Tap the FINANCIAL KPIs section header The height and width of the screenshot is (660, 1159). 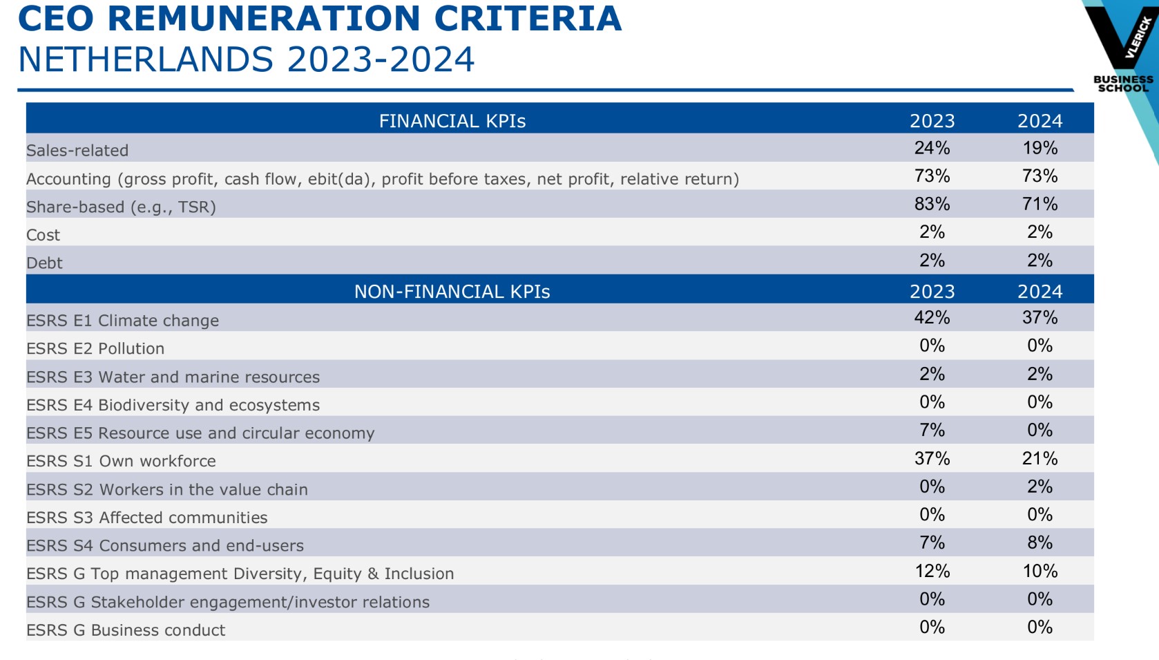coord(452,121)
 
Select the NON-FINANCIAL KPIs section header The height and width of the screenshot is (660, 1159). coord(452,292)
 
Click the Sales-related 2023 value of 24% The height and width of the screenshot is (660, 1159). coord(932,148)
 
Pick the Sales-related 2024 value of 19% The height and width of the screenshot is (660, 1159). coord(1040,148)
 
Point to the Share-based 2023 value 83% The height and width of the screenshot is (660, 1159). coord(932,205)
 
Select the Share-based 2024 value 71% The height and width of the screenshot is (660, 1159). coord(1040,205)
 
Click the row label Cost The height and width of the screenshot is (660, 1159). coord(44,235)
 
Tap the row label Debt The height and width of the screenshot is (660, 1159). coord(45,263)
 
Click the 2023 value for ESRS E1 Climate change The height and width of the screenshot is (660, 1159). coord(932,318)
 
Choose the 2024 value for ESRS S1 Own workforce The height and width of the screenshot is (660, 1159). coord(1040,459)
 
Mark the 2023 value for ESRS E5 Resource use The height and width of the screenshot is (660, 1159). coord(932,431)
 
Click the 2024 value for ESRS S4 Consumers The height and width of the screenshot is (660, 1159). coord(1040,543)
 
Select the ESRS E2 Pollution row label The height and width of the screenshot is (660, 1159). coord(95,348)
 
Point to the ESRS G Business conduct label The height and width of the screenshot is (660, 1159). coord(126,630)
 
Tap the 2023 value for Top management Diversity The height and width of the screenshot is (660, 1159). coord(932,572)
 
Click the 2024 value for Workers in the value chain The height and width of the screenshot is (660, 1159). coord(1040,487)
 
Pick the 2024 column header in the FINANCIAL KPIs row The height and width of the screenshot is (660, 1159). coord(1040,121)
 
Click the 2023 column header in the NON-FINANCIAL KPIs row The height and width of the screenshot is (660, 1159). coord(932,292)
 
